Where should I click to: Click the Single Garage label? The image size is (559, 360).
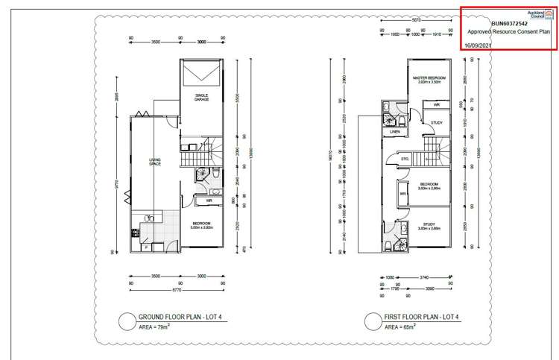[200, 97]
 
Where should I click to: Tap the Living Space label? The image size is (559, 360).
[155, 162]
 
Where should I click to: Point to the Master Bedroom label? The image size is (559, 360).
[430, 79]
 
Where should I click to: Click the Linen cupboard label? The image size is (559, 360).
[395, 132]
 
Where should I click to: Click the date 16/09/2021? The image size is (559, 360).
[478, 45]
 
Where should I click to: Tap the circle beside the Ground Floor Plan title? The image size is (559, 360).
[127, 322]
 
